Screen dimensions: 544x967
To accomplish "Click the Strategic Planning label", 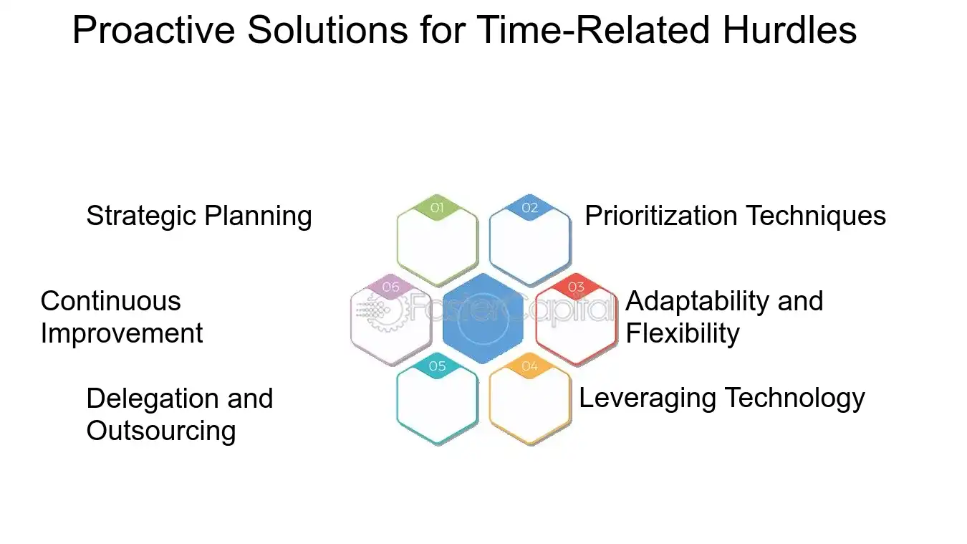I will tap(199, 216).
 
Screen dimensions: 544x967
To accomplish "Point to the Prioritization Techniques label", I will tap(735, 216).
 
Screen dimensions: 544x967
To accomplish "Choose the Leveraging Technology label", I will tap(721, 398).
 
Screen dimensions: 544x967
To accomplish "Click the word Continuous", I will tap(110, 301).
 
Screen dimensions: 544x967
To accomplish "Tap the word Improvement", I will tap(122, 333).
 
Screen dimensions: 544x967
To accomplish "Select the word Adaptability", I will tap(698, 301).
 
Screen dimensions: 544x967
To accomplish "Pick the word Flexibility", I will tap(682, 333).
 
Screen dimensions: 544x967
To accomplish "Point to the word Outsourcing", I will tap(160, 431).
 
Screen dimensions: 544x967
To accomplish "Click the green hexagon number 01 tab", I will tap(437, 208).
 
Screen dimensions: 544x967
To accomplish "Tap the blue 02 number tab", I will tap(529, 208).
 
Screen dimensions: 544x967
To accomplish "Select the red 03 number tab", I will tap(576, 287).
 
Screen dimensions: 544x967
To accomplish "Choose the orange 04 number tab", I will tap(529, 367).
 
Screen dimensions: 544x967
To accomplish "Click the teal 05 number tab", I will tap(437, 367).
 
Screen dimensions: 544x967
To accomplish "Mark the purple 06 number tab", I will tap(390, 287).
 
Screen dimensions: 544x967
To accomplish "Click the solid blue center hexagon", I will tap(483, 319).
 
